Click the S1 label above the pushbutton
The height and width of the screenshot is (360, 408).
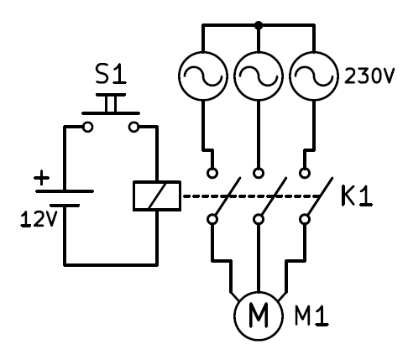(x=111, y=74)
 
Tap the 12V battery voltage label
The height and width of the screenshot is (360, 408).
(x=39, y=219)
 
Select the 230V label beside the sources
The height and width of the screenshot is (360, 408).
(x=369, y=76)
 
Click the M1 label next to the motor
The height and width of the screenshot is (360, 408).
(x=311, y=316)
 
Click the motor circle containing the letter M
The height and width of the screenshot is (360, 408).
(x=259, y=316)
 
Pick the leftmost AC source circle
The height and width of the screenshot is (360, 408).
(x=203, y=76)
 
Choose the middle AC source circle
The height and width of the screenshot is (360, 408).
(x=259, y=76)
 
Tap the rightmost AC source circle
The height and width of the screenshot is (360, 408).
(x=313, y=76)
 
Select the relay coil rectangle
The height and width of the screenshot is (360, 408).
(x=157, y=196)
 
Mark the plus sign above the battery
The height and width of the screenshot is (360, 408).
(x=41, y=178)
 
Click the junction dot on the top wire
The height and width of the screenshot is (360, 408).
(x=259, y=25)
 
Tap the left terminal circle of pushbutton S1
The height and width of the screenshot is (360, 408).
(x=87, y=128)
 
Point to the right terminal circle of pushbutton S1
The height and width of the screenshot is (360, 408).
(x=134, y=128)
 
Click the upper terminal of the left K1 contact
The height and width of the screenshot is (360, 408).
(x=212, y=173)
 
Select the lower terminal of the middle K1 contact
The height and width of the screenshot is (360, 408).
(x=259, y=219)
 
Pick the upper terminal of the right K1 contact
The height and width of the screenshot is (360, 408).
(x=305, y=173)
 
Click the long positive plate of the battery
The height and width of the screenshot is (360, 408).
(x=65, y=191)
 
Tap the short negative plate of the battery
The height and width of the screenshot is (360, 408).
(x=65, y=206)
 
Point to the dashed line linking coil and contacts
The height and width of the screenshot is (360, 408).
(x=251, y=196)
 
